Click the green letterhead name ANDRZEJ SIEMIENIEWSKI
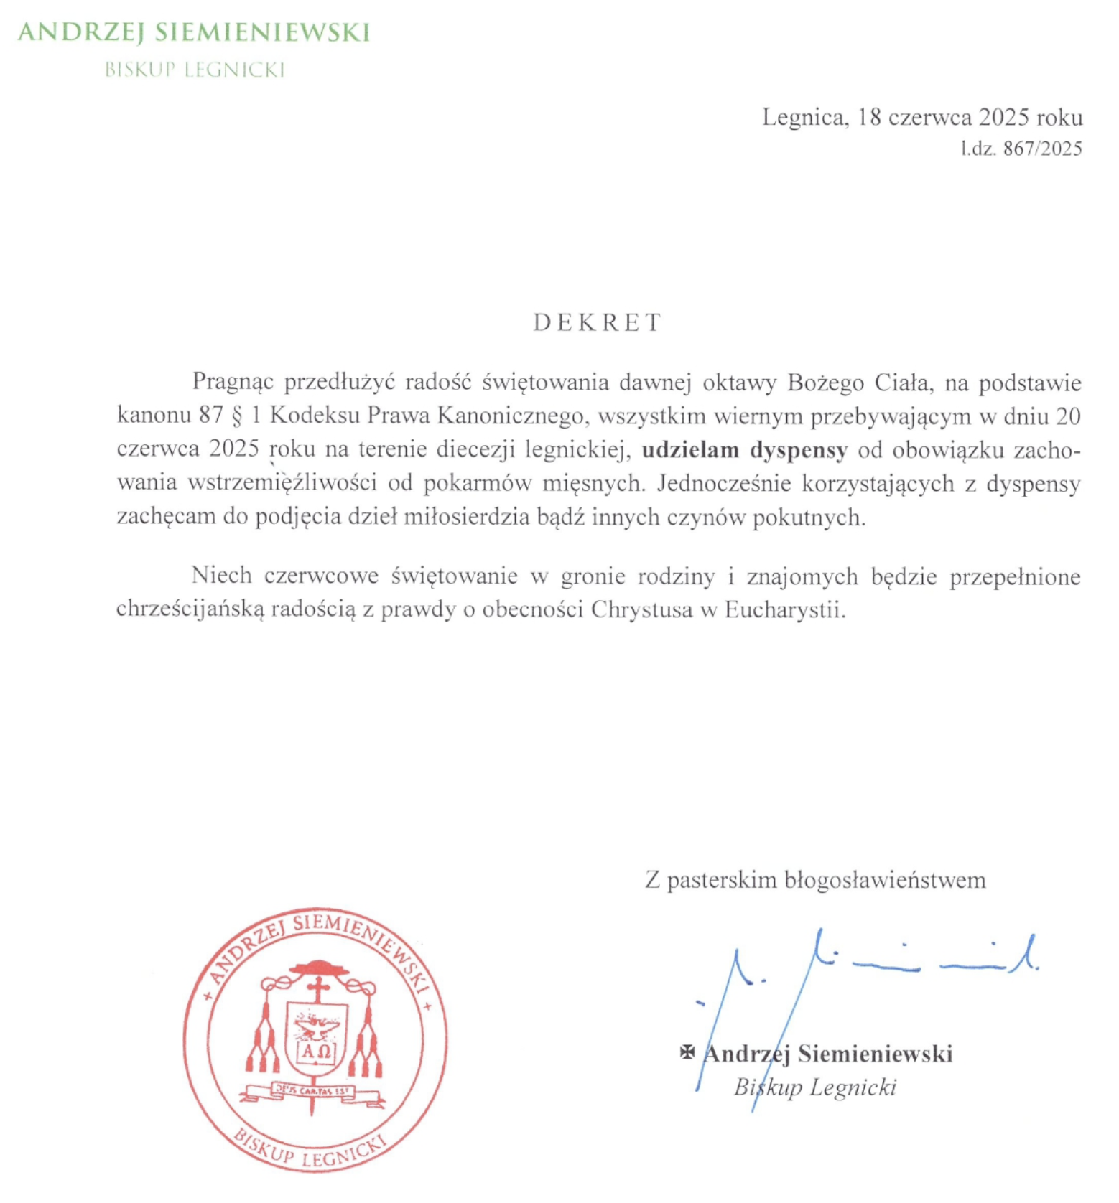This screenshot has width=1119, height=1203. (x=194, y=33)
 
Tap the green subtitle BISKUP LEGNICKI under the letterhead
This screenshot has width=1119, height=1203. (x=195, y=70)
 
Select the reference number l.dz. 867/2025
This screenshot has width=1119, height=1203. (x=1021, y=149)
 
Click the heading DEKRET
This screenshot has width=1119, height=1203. (x=597, y=323)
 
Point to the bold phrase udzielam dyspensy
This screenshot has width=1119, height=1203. (x=744, y=450)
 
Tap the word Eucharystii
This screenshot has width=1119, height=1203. (x=784, y=610)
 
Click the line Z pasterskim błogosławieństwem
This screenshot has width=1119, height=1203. (x=815, y=880)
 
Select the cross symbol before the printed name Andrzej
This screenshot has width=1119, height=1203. (x=687, y=1052)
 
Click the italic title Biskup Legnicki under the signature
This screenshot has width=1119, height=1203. (x=815, y=1087)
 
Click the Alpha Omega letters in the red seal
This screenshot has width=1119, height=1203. (x=316, y=1052)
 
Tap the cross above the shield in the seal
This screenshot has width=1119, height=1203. (x=318, y=989)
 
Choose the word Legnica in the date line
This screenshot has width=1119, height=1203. (x=804, y=117)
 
